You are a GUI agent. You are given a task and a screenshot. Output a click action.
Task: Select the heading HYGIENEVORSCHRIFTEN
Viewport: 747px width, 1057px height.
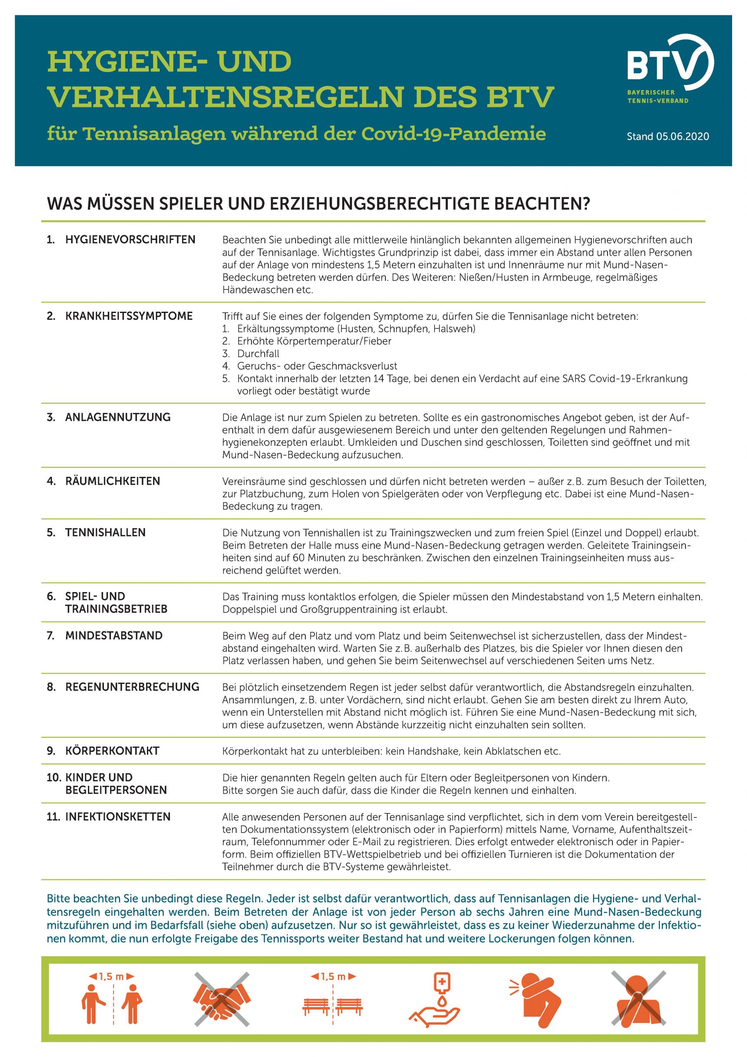[130, 240]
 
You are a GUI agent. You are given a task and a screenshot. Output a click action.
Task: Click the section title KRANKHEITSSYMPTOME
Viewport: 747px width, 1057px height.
[129, 316]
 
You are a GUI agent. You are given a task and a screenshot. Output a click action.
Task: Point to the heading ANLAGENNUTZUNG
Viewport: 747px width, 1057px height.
[118, 417]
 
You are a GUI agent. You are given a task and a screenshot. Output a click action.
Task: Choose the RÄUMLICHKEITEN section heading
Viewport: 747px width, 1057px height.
[113, 481]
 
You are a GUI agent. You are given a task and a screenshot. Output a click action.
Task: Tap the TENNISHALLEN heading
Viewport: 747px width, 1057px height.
[105, 533]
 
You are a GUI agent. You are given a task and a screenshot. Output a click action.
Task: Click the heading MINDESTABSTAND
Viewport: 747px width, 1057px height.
[113, 636]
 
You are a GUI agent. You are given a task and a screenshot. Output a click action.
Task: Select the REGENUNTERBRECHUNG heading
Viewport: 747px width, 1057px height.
[132, 687]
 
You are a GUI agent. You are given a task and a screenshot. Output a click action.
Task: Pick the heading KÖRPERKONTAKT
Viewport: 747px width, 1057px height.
[112, 751]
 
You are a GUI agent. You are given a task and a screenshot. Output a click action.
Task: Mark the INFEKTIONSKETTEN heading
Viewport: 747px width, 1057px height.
[118, 817]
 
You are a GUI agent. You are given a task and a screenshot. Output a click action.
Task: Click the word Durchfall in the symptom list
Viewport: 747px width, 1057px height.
[258, 354]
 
